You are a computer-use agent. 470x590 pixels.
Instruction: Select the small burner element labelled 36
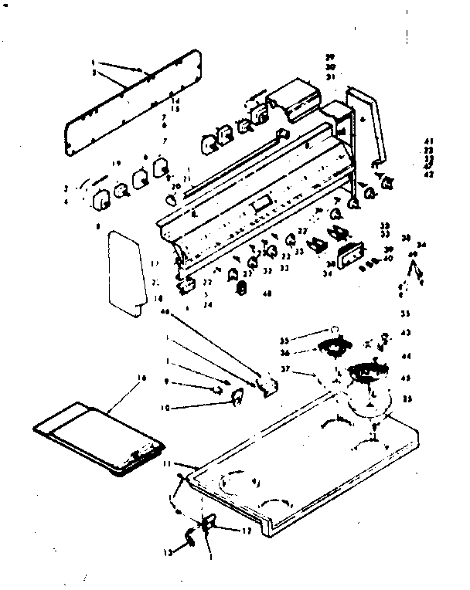336,349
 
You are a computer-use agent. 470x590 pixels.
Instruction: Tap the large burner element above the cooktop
369,375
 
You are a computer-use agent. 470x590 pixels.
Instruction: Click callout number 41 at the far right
427,141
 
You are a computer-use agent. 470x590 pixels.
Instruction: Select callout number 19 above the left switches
116,164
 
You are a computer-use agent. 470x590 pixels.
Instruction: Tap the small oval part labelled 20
172,198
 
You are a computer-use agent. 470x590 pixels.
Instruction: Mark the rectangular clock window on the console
261,205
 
